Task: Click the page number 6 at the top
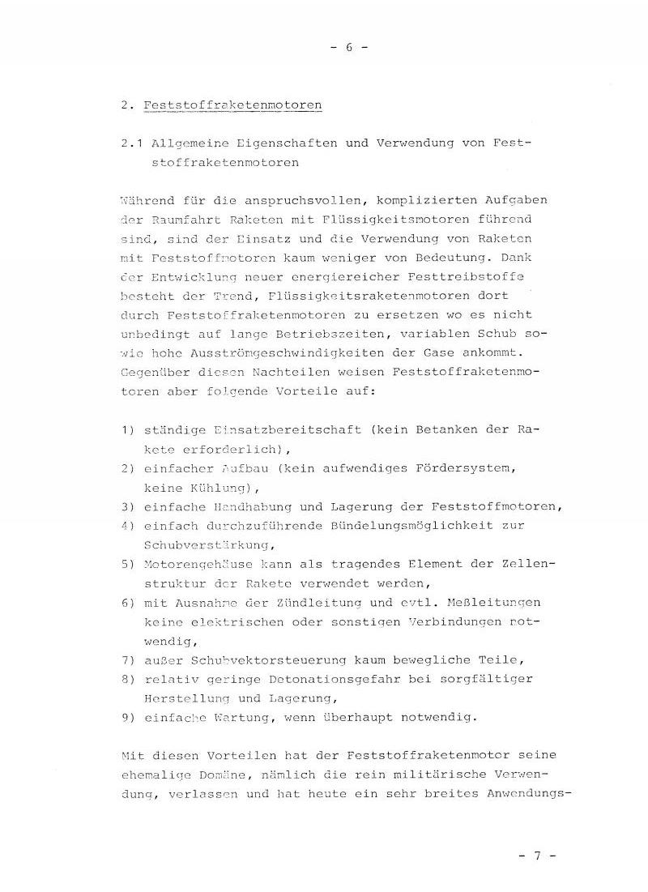pyautogui.click(x=350, y=47)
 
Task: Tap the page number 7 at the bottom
pyautogui.click(x=536, y=855)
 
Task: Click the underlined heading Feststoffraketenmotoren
pyautogui.click(x=232, y=105)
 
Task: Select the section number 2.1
pyautogui.click(x=130, y=143)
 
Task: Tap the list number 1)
pyautogui.click(x=127, y=429)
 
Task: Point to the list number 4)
pyautogui.click(x=127, y=526)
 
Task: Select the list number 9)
pyautogui.click(x=127, y=718)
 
